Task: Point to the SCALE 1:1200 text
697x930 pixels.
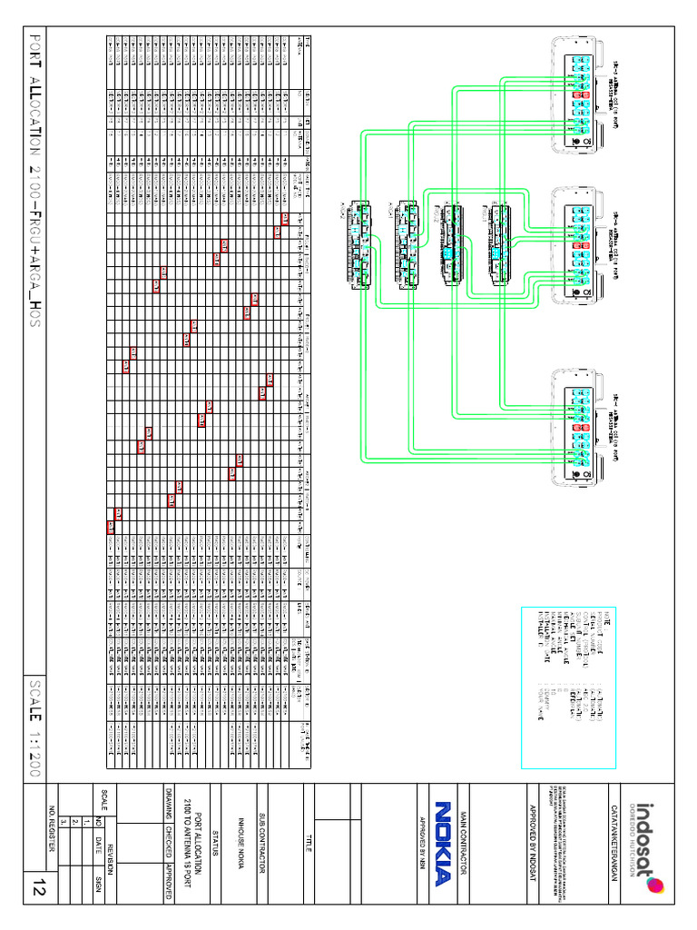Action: coord(36,727)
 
